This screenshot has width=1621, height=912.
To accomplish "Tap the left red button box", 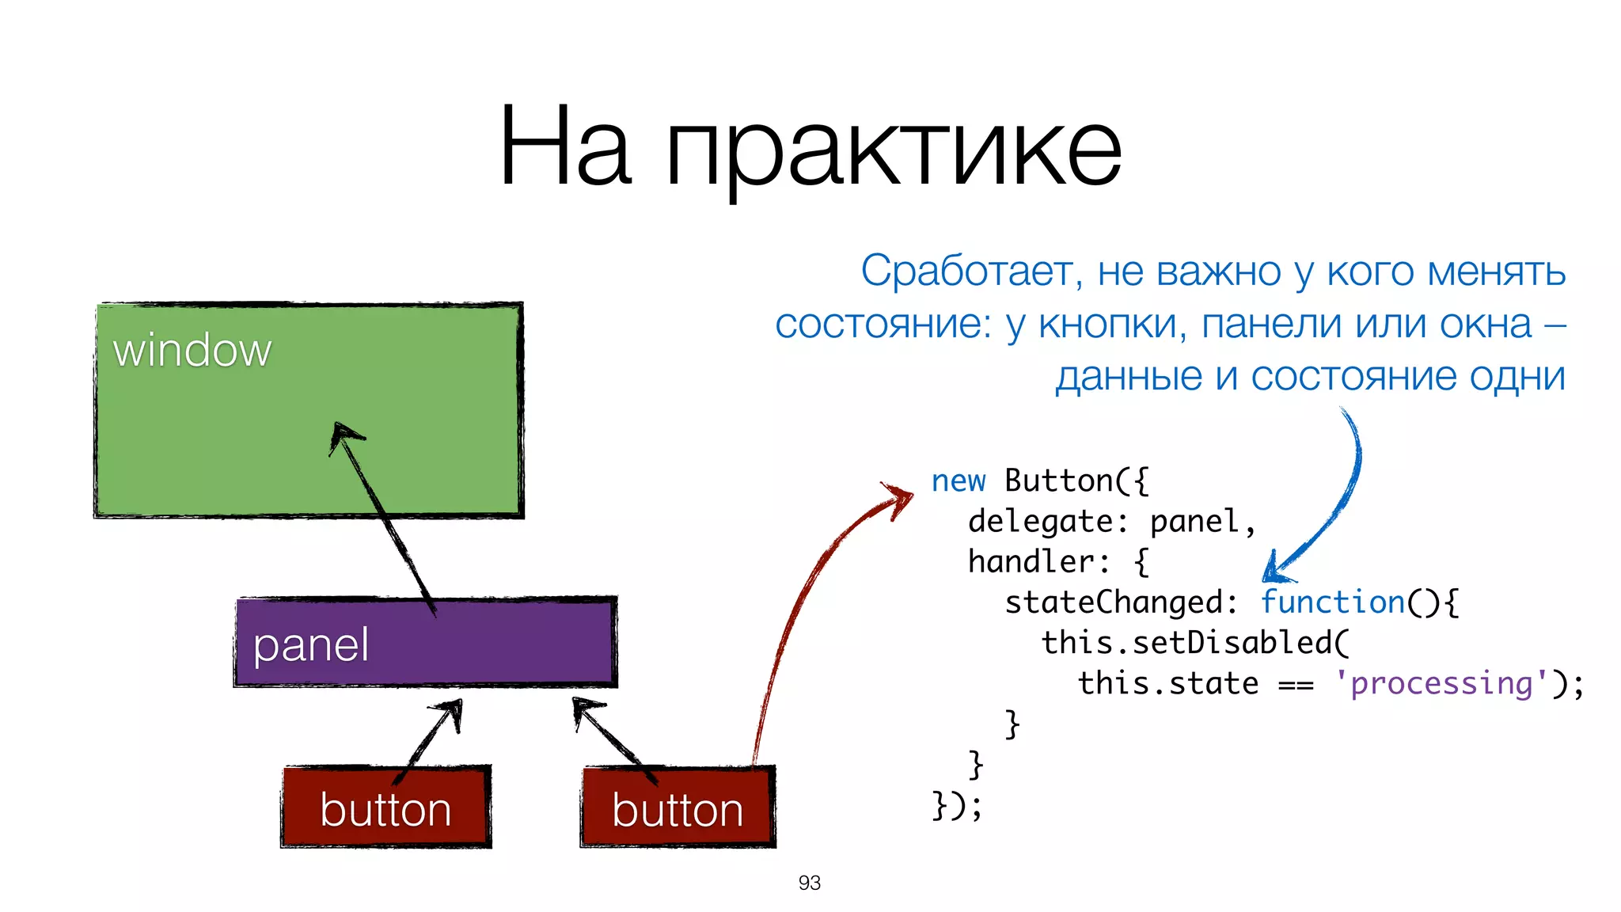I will (386, 807).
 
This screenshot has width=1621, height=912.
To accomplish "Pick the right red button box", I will (678, 807).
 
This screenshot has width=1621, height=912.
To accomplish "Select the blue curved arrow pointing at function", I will (1338, 507).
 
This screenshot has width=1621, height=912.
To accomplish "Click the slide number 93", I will (809, 883).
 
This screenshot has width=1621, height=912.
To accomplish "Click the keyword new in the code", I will (958, 481).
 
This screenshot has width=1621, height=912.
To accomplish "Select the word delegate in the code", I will (1041, 522).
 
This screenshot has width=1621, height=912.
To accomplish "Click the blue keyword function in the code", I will (1333, 602).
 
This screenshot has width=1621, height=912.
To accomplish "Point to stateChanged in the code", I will (1114, 602).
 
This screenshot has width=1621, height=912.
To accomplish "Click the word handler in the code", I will (1031, 562).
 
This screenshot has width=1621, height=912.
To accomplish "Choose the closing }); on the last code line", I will (957, 805).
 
